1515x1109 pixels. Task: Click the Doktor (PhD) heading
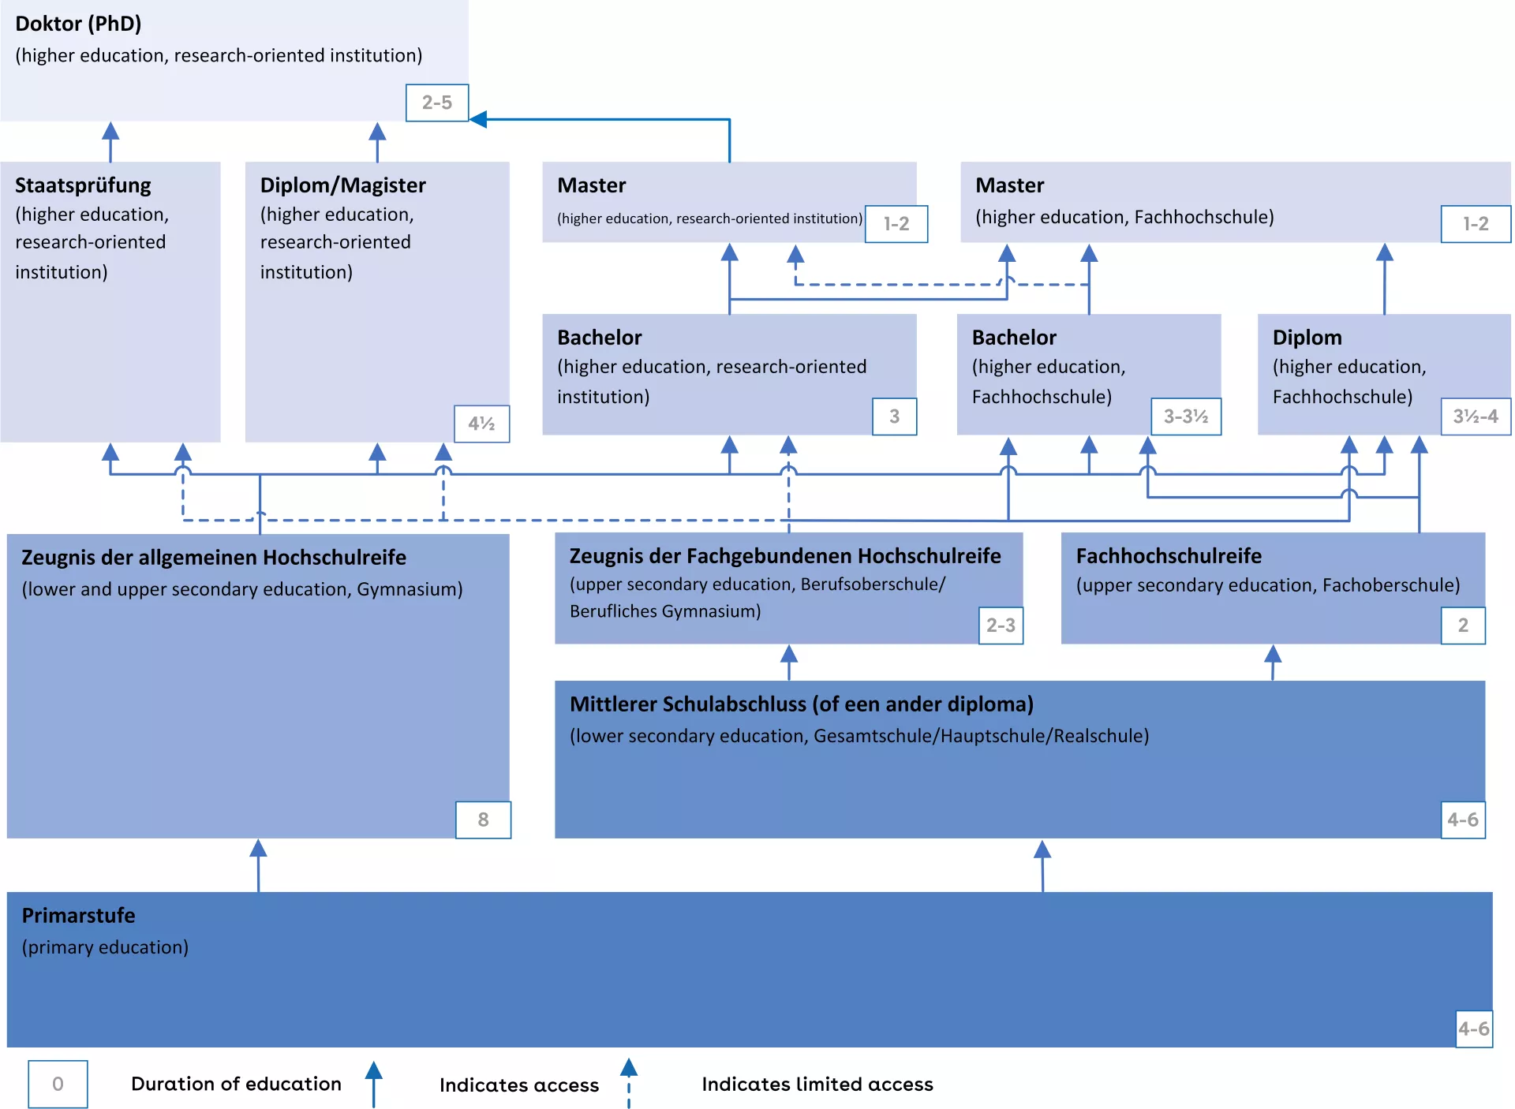pyautogui.click(x=78, y=24)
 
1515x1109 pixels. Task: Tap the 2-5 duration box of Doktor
pyautogui.click(x=437, y=103)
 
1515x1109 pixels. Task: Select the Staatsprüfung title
pyautogui.click(x=83, y=185)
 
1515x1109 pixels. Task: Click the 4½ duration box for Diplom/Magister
pyautogui.click(x=481, y=424)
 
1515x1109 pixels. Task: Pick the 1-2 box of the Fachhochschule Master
pyautogui.click(x=1476, y=224)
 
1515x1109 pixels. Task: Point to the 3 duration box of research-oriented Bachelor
pyautogui.click(x=894, y=416)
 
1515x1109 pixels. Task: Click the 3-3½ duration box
pyautogui.click(x=1185, y=416)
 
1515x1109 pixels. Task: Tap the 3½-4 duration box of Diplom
pyautogui.click(x=1476, y=416)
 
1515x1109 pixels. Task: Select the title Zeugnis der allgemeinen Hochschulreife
pyautogui.click(x=213, y=558)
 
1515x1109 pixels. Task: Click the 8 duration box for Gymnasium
pyautogui.click(x=483, y=820)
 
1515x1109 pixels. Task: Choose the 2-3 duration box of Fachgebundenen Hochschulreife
pyautogui.click(x=1001, y=625)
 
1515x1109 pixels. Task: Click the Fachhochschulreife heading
pyautogui.click(x=1169, y=556)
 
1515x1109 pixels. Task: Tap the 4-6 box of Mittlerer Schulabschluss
pyautogui.click(x=1462, y=820)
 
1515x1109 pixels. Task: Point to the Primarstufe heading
pyautogui.click(x=78, y=916)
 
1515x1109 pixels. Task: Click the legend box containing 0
pyautogui.click(x=58, y=1084)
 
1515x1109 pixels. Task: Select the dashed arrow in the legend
pyautogui.click(x=628, y=1082)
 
